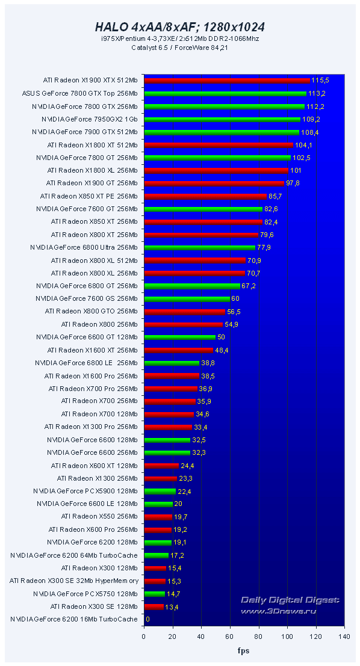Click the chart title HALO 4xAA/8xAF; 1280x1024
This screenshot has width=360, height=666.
(180, 27)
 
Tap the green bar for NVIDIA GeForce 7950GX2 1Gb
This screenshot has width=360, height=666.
(222, 119)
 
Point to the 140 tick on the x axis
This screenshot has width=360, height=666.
(344, 636)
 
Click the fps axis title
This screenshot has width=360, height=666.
(244, 650)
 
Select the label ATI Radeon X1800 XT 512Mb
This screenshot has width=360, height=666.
(92, 145)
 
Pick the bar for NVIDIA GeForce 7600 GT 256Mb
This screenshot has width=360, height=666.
(203, 209)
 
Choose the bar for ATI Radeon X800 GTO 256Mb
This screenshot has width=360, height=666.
(184, 312)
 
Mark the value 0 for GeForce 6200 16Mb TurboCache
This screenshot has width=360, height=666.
(147, 619)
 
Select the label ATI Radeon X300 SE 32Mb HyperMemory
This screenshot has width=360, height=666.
(73, 581)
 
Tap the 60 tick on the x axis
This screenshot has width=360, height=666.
(230, 636)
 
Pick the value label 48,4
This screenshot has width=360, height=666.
(222, 350)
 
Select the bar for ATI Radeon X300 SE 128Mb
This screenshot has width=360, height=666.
(154, 606)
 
